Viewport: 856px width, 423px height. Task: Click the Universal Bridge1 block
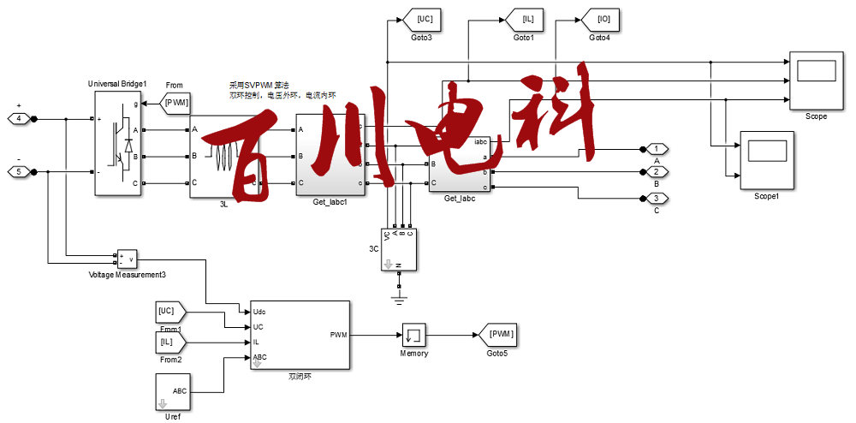click(x=118, y=145)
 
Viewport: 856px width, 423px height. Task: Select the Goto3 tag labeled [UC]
click(x=424, y=18)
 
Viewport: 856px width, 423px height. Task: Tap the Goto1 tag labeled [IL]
click(x=522, y=18)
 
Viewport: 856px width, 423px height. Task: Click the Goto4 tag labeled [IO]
click(x=598, y=18)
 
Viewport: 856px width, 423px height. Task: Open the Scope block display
click(x=816, y=81)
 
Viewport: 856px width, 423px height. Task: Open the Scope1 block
click(x=767, y=160)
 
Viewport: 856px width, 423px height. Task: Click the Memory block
click(x=413, y=335)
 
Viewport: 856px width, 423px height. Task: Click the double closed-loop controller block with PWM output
click(x=300, y=335)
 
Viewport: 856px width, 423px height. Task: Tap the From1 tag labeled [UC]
click(x=169, y=311)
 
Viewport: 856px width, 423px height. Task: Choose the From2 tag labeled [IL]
click(x=169, y=343)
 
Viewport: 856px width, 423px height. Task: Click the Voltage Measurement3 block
click(x=127, y=259)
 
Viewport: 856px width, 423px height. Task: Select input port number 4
click(x=20, y=118)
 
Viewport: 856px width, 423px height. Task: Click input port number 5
click(x=20, y=172)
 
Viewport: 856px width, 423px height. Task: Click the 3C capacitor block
click(x=399, y=249)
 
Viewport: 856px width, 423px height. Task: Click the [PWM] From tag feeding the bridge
click(x=175, y=103)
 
